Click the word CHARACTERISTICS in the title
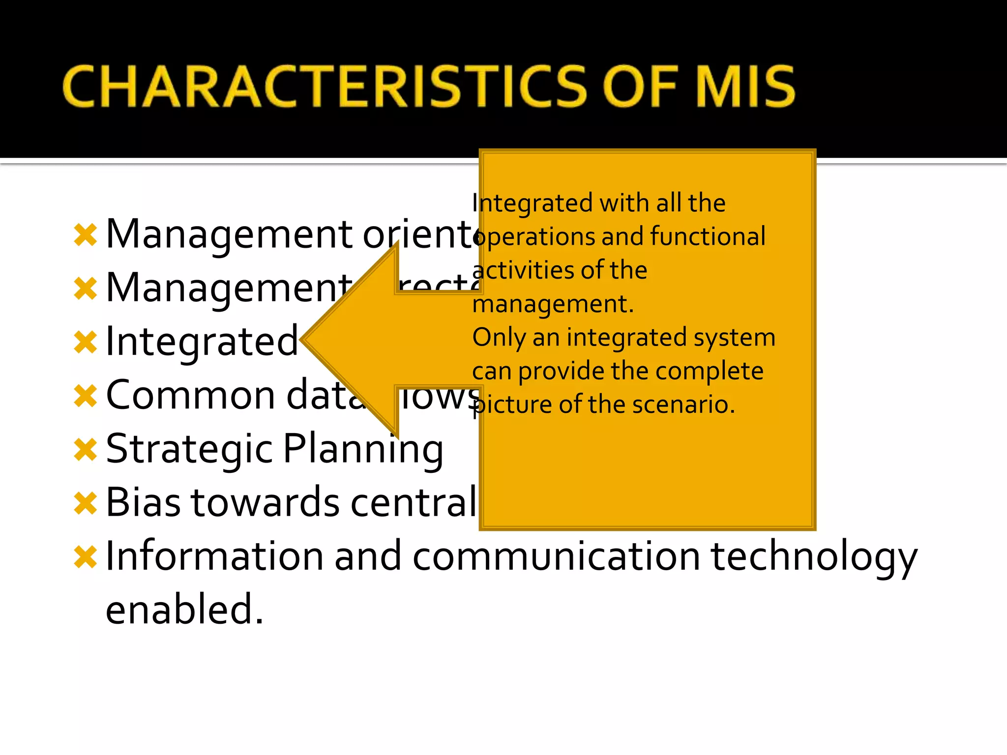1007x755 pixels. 325,87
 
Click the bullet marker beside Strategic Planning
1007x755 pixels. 86,450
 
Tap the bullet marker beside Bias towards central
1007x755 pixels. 86,503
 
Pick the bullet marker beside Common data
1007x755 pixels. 86,396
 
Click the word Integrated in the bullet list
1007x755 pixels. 202,341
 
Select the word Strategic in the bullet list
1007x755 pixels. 189,449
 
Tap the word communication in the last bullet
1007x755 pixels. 556,556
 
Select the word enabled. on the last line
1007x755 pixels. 184,610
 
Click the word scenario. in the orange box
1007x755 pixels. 683,405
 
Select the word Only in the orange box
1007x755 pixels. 499,338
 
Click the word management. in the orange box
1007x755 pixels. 553,304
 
